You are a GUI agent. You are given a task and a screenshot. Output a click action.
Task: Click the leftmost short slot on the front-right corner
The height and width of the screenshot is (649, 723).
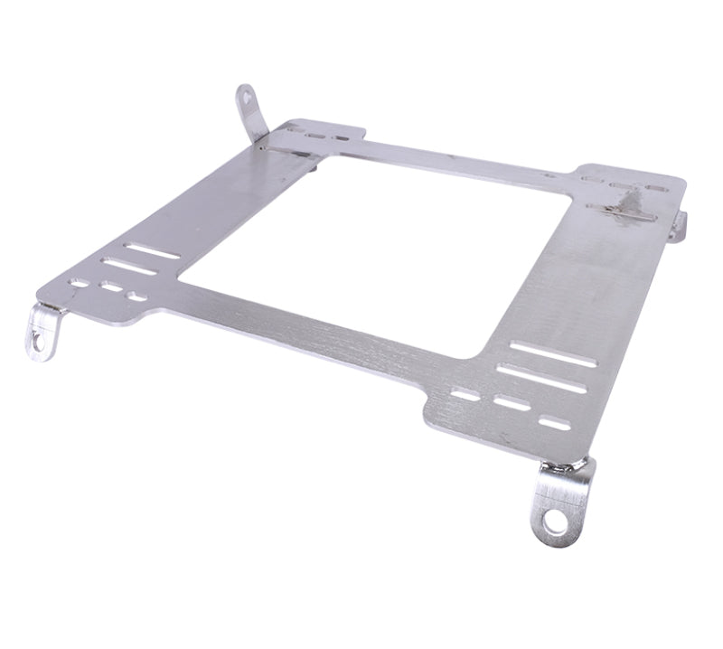(x=465, y=394)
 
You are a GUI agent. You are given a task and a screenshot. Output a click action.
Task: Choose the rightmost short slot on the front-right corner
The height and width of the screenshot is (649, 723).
(x=555, y=421)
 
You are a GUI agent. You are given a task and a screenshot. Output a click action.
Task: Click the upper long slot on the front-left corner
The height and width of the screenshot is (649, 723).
(x=152, y=250)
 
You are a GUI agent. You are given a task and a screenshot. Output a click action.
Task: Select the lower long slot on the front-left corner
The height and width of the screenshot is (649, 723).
(x=129, y=268)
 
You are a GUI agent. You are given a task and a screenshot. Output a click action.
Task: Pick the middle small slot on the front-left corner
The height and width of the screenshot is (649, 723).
(x=111, y=290)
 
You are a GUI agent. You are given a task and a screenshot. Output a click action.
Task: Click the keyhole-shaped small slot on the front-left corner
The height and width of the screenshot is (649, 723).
(x=138, y=296)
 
